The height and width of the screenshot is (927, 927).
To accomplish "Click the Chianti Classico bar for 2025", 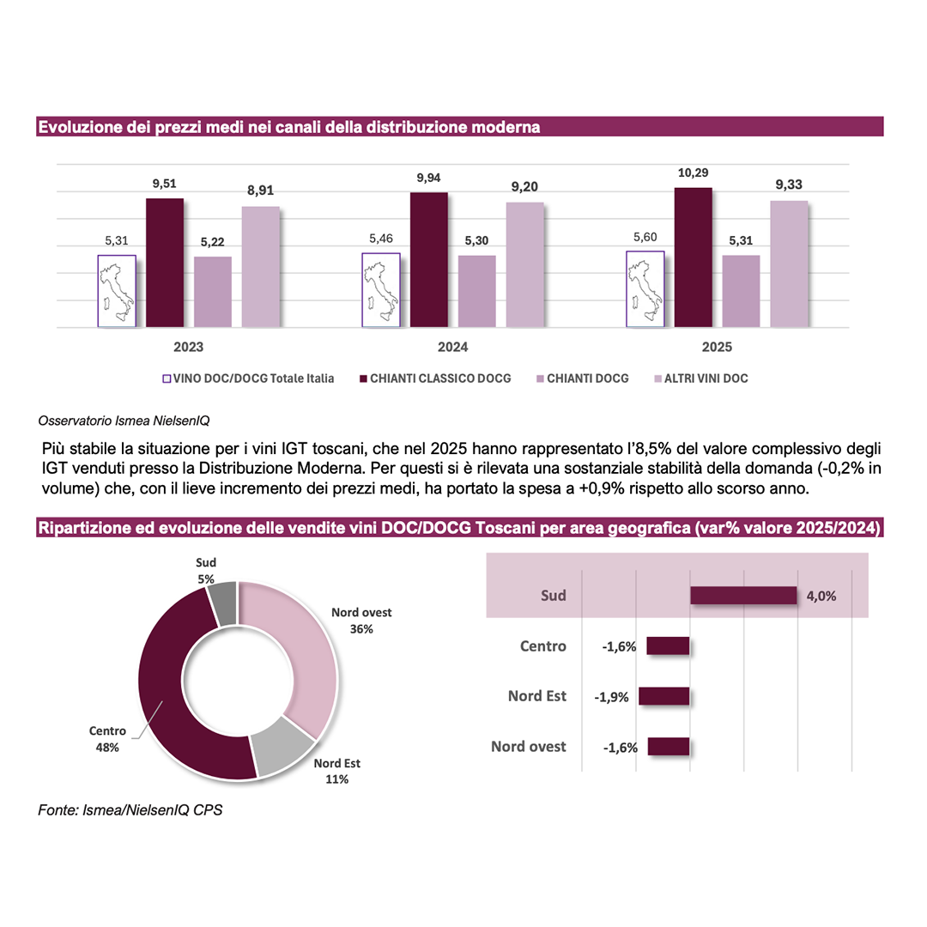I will coord(693,257).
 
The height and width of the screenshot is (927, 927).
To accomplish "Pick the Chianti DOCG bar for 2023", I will coord(212,292).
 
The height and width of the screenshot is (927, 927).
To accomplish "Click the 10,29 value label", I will coord(693,172).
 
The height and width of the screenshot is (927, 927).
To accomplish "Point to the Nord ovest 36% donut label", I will coord(361,621).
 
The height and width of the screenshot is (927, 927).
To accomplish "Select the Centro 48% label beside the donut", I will coord(107,739).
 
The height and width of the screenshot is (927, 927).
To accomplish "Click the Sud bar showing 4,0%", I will coord(744,596).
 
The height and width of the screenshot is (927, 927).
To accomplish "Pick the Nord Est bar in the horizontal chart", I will coord(664,696).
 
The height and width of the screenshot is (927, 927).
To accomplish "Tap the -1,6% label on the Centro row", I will coord(618,646).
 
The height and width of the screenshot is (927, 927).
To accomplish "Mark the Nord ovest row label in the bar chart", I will coord(529,747).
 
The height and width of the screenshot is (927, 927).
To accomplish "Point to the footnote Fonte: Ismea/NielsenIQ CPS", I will coord(130,810).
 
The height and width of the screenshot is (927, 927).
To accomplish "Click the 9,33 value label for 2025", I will coord(788,185).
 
